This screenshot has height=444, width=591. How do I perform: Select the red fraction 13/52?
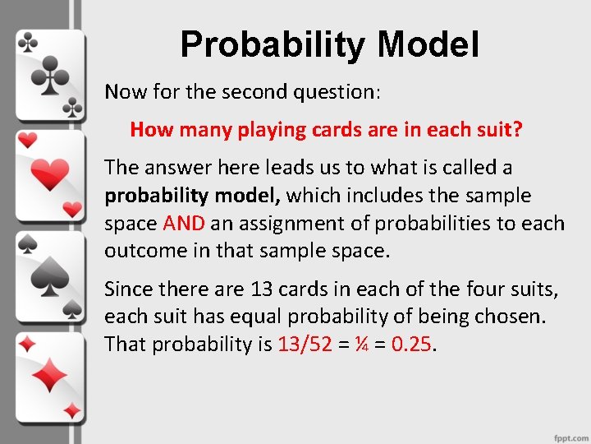pyautogui.click(x=305, y=344)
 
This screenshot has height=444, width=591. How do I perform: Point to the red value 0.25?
pyautogui.click(x=411, y=344)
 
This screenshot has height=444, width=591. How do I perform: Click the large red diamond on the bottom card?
pyautogui.click(x=51, y=376)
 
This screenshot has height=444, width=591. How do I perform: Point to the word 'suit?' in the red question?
pyautogui.click(x=498, y=130)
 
